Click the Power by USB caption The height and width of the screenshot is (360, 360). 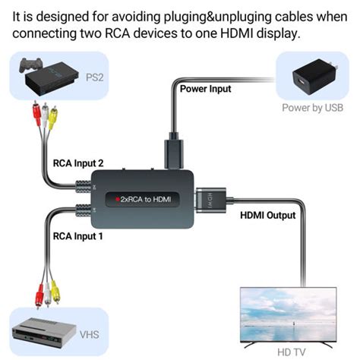[311, 108]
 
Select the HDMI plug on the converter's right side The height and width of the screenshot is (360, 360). [208, 200]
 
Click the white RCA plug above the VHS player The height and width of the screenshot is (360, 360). [45, 289]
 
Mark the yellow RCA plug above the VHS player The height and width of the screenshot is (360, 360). [55, 289]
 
